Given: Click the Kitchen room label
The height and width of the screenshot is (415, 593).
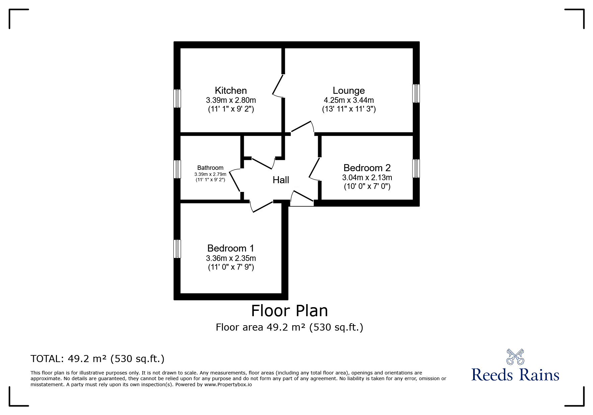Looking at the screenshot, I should pyautogui.click(x=231, y=90).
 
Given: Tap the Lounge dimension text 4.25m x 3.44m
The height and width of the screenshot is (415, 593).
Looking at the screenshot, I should pyautogui.click(x=349, y=100).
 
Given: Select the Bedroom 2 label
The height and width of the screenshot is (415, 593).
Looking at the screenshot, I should pyautogui.click(x=367, y=168).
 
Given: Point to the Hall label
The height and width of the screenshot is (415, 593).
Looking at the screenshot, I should pyautogui.click(x=281, y=180).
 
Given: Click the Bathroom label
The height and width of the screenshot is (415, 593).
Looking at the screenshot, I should pyautogui.click(x=210, y=168).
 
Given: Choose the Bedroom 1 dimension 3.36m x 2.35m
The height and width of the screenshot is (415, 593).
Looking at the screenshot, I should pyautogui.click(x=231, y=258).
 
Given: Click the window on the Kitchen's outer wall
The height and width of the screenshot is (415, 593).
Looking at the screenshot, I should pyautogui.click(x=177, y=98).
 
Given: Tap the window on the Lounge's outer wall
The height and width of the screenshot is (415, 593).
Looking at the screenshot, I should pyautogui.click(x=416, y=93).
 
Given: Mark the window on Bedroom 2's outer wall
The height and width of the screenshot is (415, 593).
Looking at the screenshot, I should pyautogui.click(x=416, y=168).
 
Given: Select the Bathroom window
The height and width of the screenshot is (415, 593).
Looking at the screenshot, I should pyautogui.click(x=177, y=169).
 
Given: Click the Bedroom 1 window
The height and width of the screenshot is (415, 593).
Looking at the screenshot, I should pyautogui.click(x=177, y=249).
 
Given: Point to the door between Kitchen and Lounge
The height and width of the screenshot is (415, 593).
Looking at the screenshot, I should pyautogui.click(x=278, y=86).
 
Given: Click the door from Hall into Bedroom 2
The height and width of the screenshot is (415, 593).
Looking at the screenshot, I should pyautogui.click(x=314, y=169).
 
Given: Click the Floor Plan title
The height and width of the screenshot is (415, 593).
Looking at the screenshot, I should pyautogui.click(x=289, y=311).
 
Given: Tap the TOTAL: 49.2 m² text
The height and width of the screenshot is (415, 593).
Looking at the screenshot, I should pyautogui.click(x=97, y=359).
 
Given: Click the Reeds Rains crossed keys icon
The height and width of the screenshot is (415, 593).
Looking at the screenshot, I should pyautogui.click(x=515, y=357).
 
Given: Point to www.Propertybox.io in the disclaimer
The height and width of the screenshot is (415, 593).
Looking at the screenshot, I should pyautogui.click(x=228, y=385).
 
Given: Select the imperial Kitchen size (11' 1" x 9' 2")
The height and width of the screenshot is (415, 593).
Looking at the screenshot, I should pyautogui.click(x=231, y=109).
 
